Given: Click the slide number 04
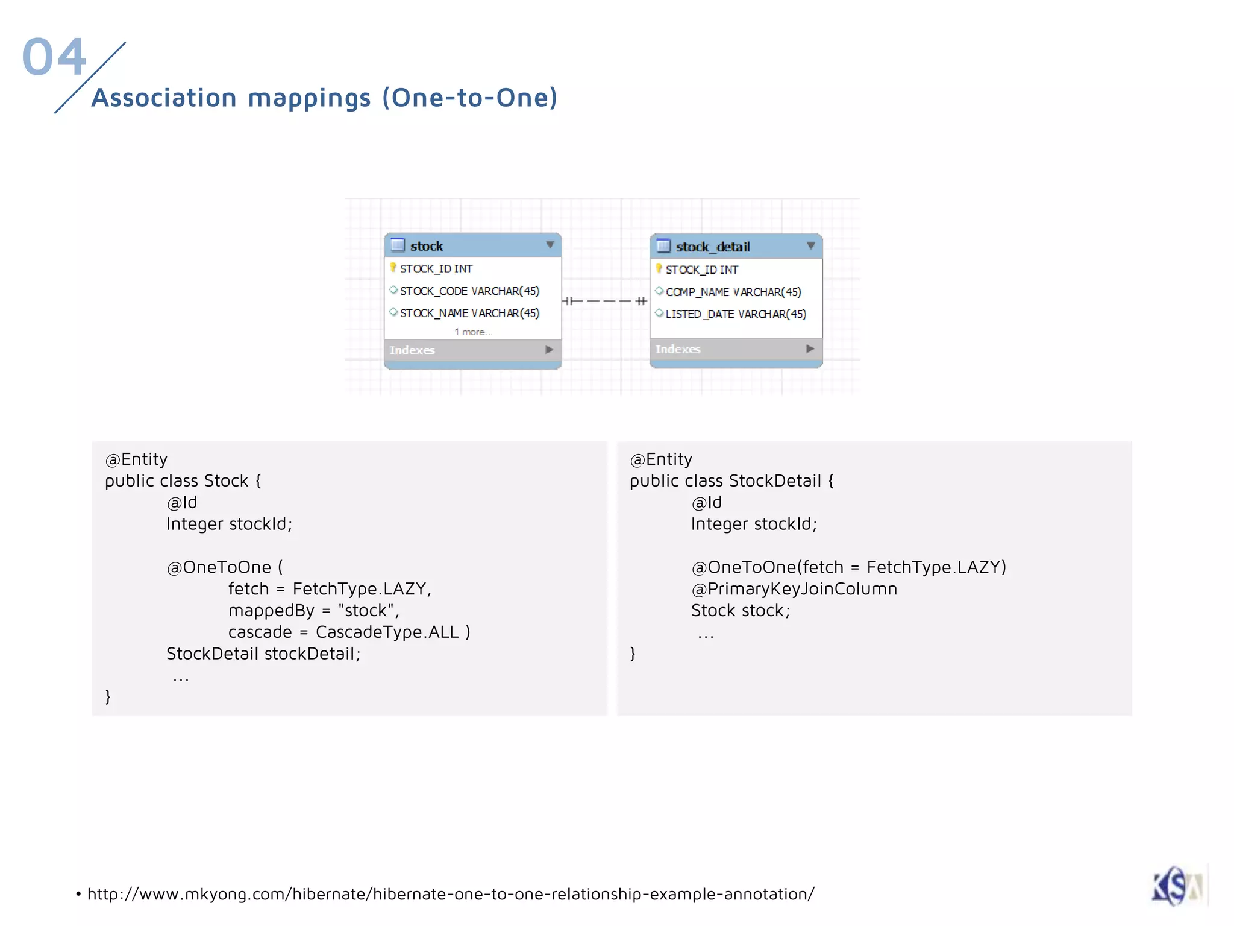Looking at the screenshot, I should (x=54, y=57).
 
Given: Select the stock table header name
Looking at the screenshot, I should (x=426, y=246).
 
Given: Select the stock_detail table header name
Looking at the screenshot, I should (x=712, y=247).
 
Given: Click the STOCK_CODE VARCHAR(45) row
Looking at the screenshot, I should (x=469, y=291).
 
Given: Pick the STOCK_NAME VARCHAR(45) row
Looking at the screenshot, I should (x=469, y=313).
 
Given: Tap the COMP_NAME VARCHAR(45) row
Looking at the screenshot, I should (x=733, y=292).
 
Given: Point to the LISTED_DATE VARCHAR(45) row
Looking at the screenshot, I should (x=735, y=315).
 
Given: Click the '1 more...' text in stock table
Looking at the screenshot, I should (x=473, y=332).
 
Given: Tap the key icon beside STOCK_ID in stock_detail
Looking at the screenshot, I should (x=659, y=269).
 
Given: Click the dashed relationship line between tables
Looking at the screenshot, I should (x=605, y=301).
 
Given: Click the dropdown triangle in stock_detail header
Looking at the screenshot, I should (x=810, y=246).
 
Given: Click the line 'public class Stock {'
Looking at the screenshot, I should (x=183, y=481).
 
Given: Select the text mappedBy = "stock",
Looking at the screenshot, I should (x=313, y=611).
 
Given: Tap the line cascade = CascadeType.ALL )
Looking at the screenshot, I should (x=349, y=632).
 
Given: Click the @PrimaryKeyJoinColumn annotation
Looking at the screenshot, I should (x=794, y=589).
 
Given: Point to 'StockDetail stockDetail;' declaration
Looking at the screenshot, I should (x=263, y=654).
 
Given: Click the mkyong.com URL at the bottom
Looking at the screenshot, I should (x=450, y=894).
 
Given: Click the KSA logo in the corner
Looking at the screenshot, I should (x=1177, y=886).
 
